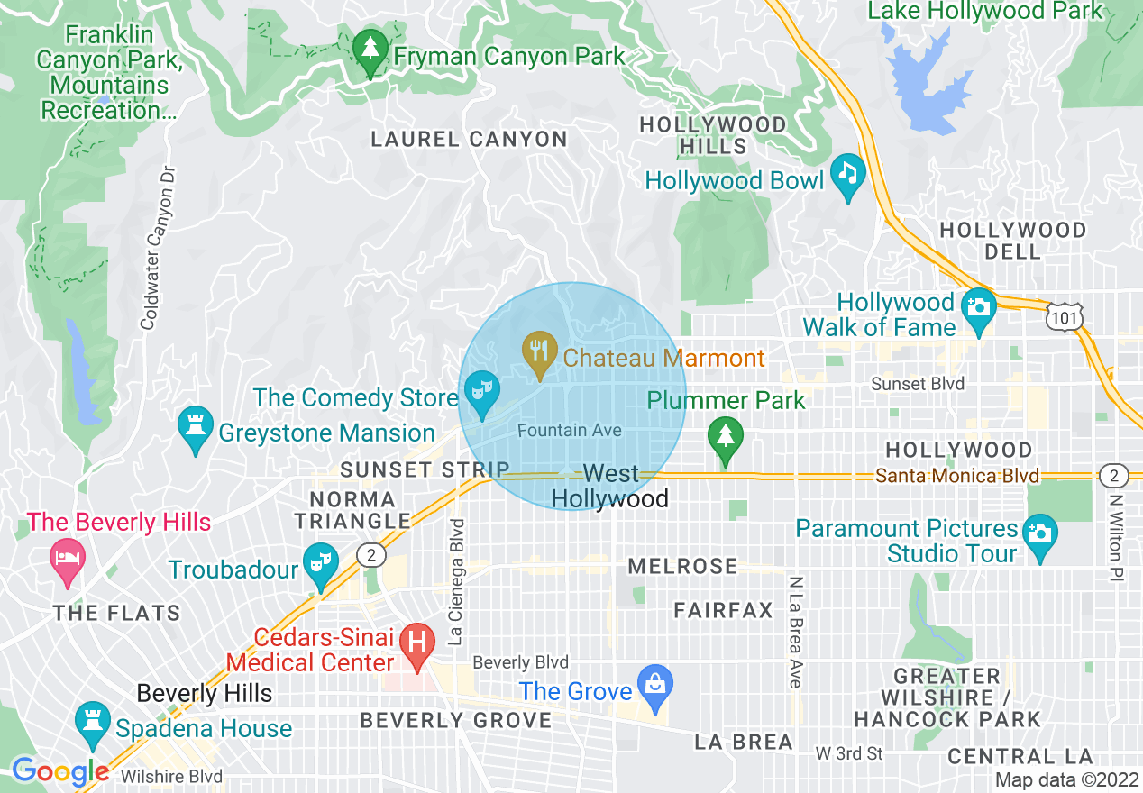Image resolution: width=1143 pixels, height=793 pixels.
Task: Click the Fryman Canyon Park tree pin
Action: point(369,52)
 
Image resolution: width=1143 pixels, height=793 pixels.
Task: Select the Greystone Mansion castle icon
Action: point(196,431)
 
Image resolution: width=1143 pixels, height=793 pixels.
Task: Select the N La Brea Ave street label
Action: point(795,632)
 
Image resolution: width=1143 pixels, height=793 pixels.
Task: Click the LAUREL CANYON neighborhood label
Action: point(470,140)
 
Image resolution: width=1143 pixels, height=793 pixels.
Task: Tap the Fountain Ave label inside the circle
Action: point(570,431)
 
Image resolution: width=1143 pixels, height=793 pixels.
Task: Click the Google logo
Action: point(60,771)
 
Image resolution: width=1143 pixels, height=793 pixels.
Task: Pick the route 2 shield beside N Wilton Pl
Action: point(1113,475)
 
